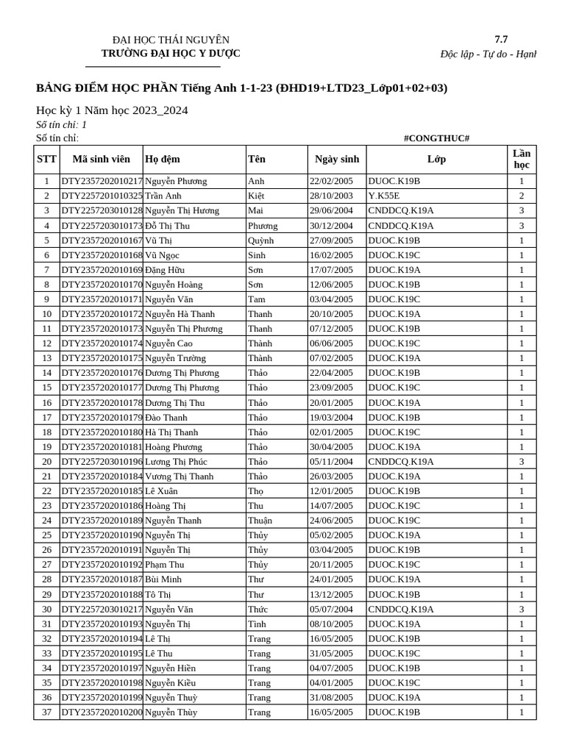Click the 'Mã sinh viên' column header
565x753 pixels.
tap(102, 160)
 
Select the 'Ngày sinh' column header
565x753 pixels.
tap(337, 160)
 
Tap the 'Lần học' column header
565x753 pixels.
tap(522, 159)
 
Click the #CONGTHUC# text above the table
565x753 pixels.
tap(436, 138)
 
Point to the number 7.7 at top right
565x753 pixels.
tap(501, 40)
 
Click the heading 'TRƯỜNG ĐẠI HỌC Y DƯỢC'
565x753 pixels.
tap(171, 54)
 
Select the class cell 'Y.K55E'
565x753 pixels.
tap(384, 196)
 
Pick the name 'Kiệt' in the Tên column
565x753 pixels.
tap(256, 196)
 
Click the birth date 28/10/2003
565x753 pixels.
tap(331, 196)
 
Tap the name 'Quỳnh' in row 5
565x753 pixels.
tap(260, 240)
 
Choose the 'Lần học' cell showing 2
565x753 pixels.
tap(522, 196)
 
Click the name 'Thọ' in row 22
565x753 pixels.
tap(255, 491)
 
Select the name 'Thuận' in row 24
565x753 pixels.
tap(260, 521)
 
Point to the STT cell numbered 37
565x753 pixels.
tap(46, 713)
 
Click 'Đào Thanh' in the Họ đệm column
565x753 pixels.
tap(166, 418)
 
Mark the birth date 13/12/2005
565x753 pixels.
tap(331, 595)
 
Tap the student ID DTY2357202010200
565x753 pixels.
tap(102, 713)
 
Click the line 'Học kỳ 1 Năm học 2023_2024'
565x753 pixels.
tap(112, 110)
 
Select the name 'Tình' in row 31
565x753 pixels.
tap(256, 624)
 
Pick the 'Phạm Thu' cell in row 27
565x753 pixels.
tap(165, 565)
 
